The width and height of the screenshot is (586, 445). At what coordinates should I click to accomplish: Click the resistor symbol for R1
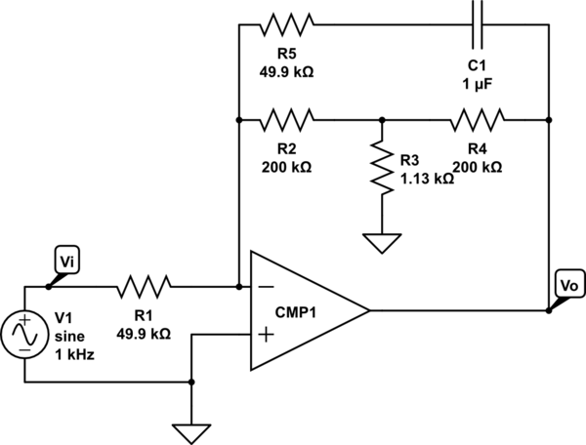tap(145, 287)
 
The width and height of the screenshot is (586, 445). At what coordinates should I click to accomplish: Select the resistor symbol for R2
tap(288, 121)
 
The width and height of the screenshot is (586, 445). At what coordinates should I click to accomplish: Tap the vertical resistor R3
tap(382, 168)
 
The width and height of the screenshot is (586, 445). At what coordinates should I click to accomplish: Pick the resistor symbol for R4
tap(478, 121)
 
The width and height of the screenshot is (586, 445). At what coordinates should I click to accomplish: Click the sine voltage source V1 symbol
tap(24, 335)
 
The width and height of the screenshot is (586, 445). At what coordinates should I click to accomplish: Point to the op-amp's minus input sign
tap(265, 288)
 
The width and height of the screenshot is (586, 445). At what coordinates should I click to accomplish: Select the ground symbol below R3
tap(382, 241)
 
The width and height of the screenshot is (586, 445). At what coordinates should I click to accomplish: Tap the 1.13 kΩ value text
tap(427, 179)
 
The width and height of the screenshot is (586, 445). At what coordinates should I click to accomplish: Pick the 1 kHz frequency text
tap(74, 354)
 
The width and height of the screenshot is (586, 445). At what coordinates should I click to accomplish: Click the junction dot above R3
tap(382, 121)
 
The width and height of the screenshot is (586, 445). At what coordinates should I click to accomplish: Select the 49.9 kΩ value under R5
tap(288, 71)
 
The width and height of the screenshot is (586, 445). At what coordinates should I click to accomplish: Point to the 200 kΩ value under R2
tap(288, 167)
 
